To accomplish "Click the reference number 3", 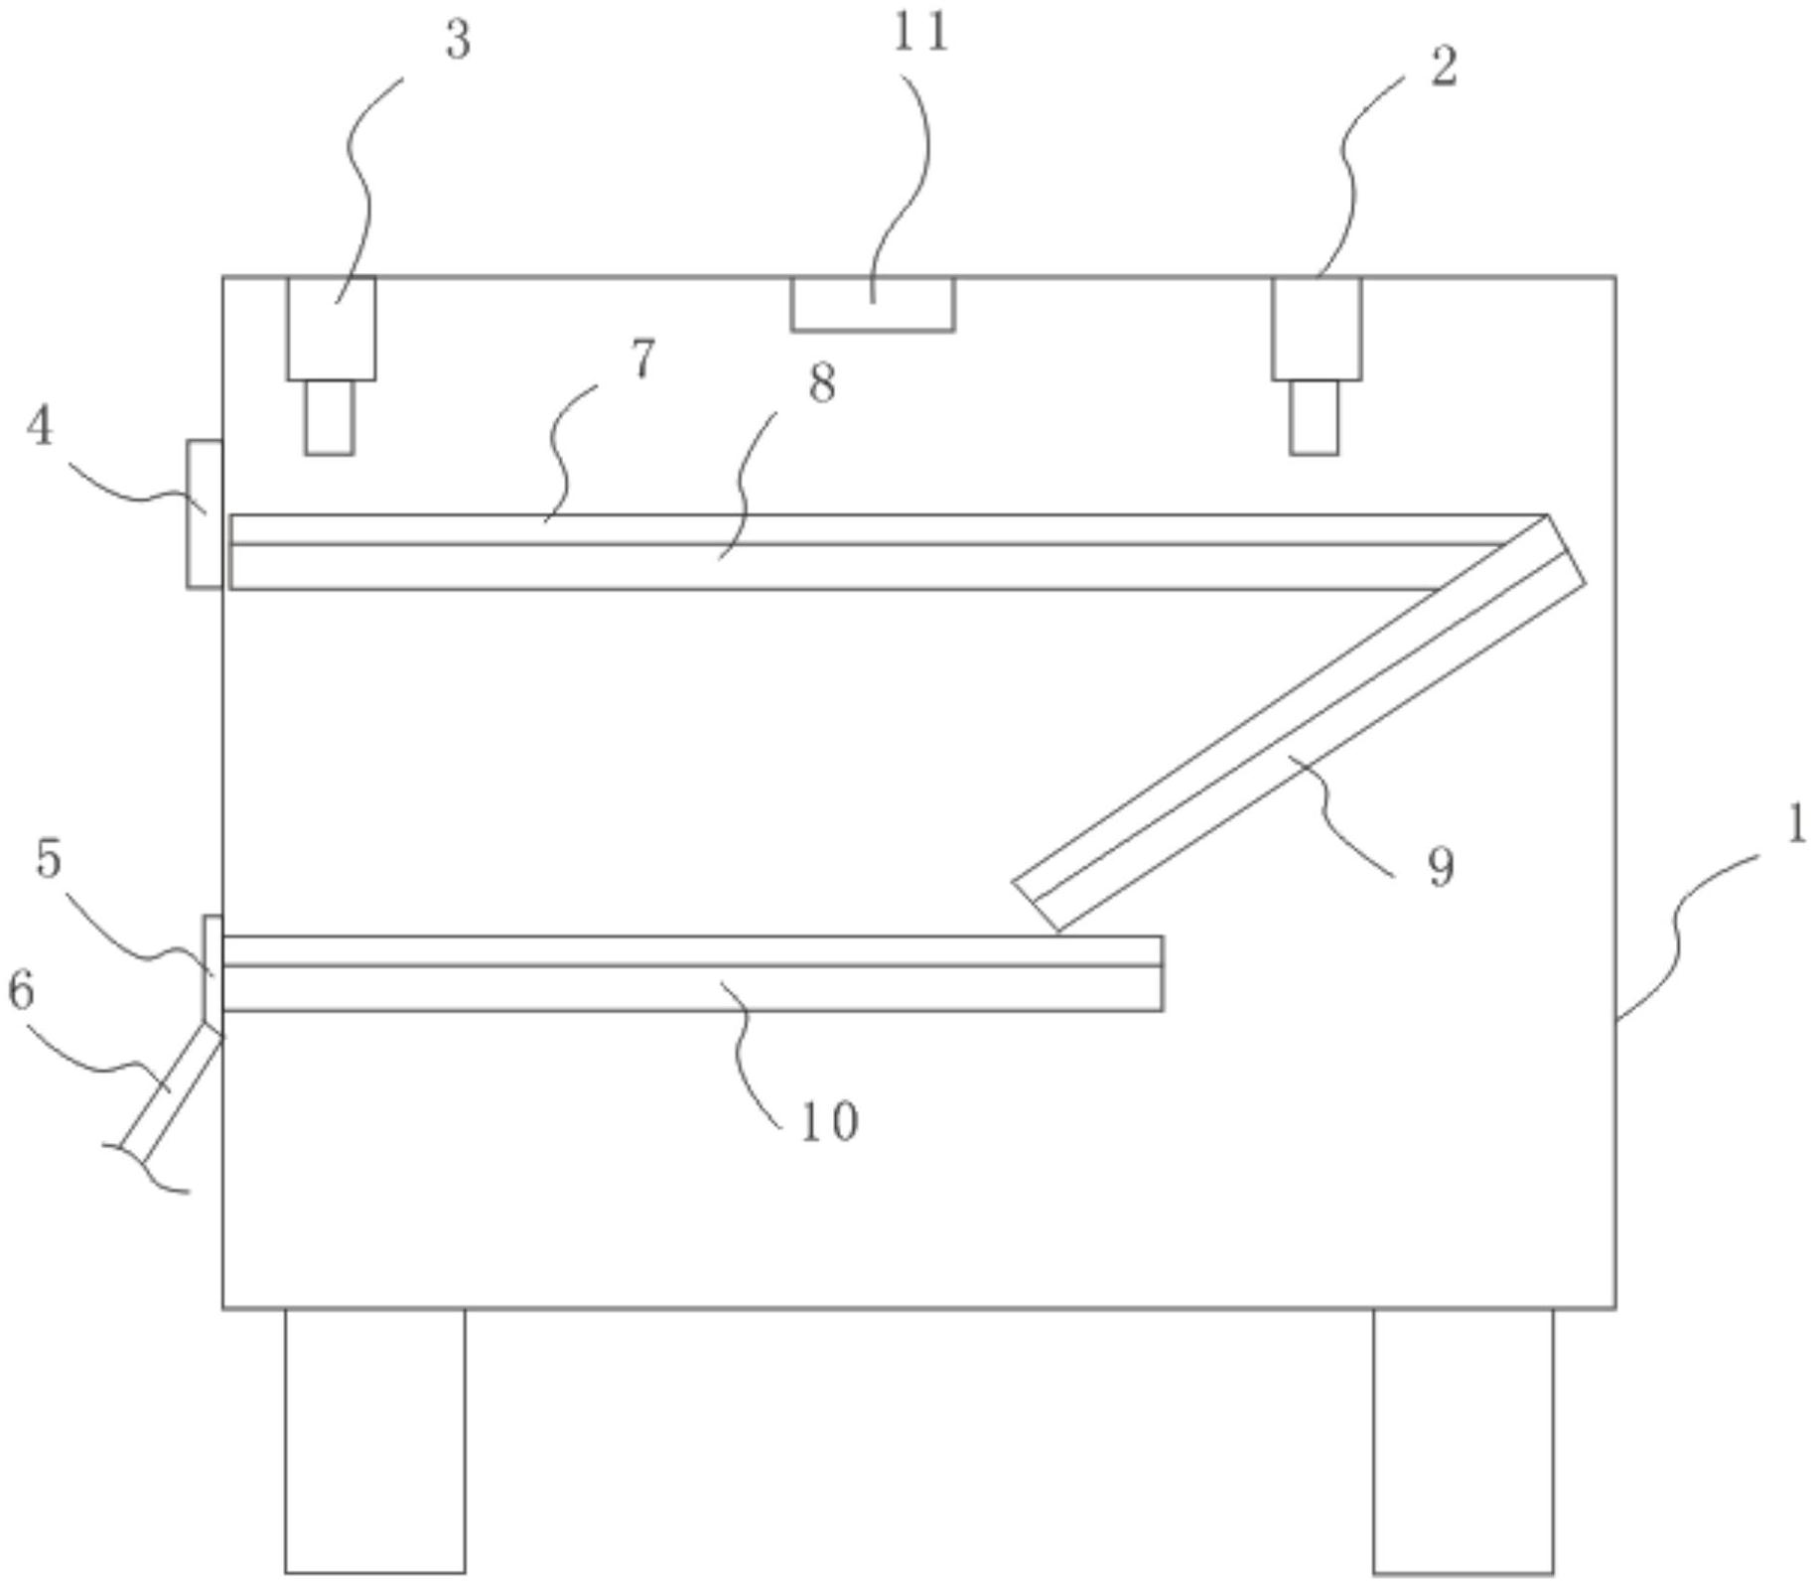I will pos(458,42).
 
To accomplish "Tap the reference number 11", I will pos(920,32).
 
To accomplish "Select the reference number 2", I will pos(1444,68).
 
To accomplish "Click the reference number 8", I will pos(822,383).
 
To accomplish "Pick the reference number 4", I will pos(40,427).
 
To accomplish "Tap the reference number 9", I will pos(1441,867).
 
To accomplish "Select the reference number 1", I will pos(1796,825).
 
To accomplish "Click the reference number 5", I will pos(49,859).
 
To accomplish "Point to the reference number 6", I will pos(21,990).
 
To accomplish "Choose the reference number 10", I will pos(829,1122).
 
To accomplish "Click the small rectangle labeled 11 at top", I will pos(873,304).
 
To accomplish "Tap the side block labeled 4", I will pos(205,513).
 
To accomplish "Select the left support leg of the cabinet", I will pos(374,1440).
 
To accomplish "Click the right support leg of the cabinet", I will pos(1463,1440).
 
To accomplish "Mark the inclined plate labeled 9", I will pos(1299,723).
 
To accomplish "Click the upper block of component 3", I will pos(332,328).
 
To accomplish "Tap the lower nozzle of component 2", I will pos(1314,417).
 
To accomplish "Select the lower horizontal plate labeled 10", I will pos(692,974).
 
